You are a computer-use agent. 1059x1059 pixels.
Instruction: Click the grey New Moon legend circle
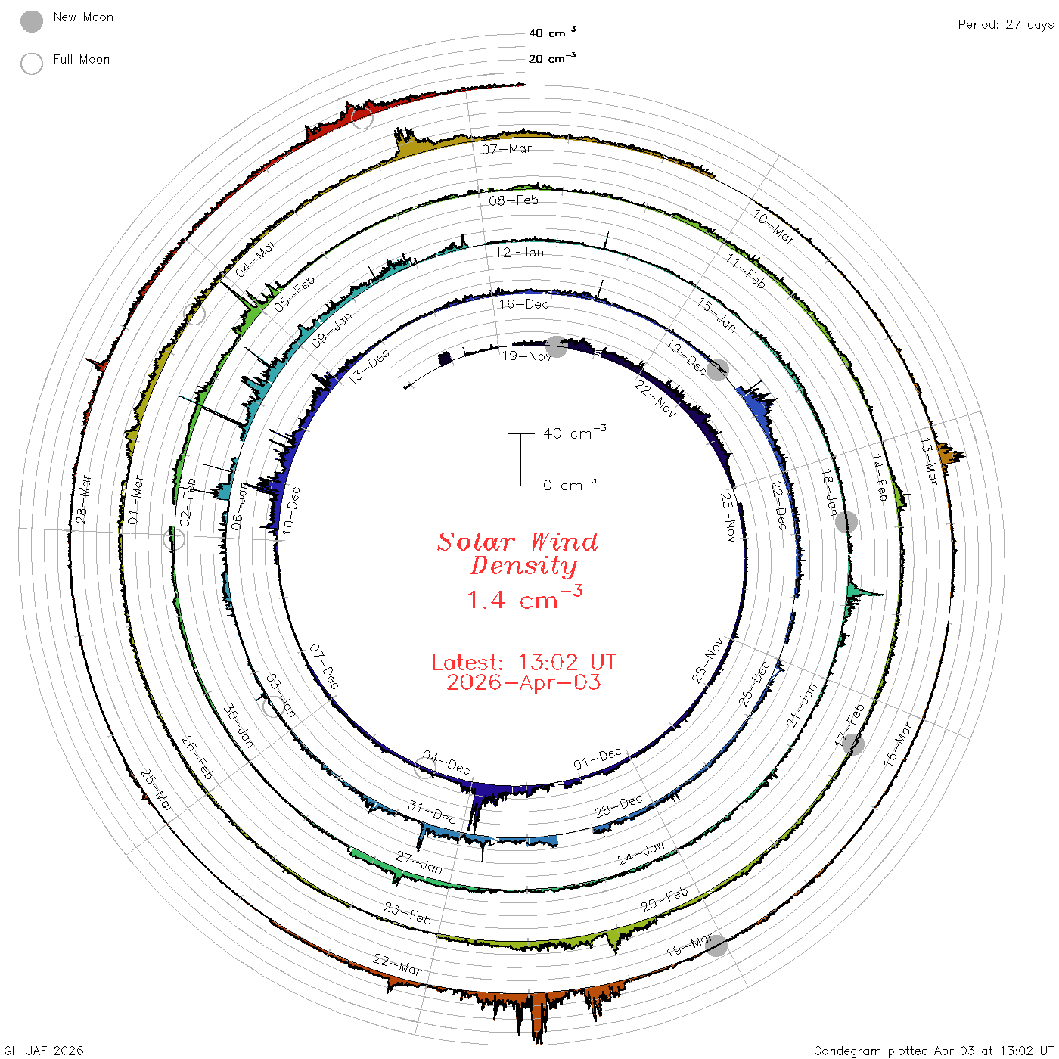click(x=31, y=21)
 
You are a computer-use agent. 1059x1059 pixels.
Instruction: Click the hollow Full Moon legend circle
click(x=31, y=64)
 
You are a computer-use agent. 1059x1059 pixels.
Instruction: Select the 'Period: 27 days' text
click(x=1006, y=25)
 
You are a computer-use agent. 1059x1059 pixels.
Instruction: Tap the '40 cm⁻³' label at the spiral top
click(x=552, y=33)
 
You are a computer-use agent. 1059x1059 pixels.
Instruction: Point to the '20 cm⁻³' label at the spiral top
click(x=552, y=57)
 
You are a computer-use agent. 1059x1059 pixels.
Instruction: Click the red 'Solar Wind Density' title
click(x=517, y=554)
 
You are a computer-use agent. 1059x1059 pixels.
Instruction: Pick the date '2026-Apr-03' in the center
click(x=523, y=683)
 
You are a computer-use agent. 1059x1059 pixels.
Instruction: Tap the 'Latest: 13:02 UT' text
click(x=523, y=662)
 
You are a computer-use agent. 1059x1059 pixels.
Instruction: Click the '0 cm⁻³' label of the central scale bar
click(x=570, y=486)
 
